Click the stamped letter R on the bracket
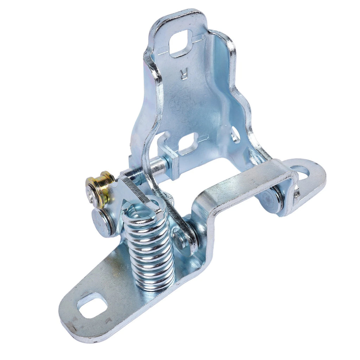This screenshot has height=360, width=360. pos(184,74)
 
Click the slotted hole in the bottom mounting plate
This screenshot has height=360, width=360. pos(92,305)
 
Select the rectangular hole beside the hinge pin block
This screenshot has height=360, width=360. pos(188,143)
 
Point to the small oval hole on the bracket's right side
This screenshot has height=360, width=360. pos(236,134)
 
